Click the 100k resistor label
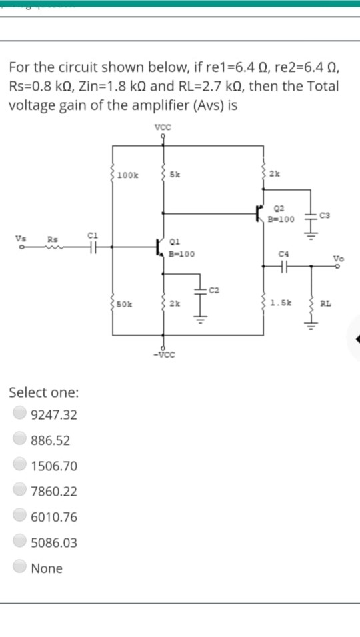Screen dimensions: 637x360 128,175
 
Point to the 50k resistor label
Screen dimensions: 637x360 125,304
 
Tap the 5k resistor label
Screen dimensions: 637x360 174,175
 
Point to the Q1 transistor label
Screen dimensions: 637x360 175,243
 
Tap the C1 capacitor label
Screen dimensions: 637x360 93,234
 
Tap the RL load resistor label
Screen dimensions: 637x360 325,304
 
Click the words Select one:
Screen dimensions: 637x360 43,391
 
